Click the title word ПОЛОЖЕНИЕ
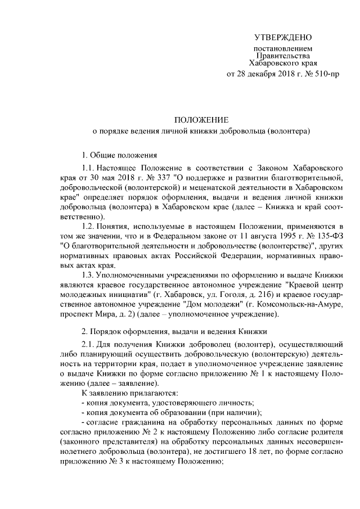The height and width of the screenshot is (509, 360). click(x=201, y=119)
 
